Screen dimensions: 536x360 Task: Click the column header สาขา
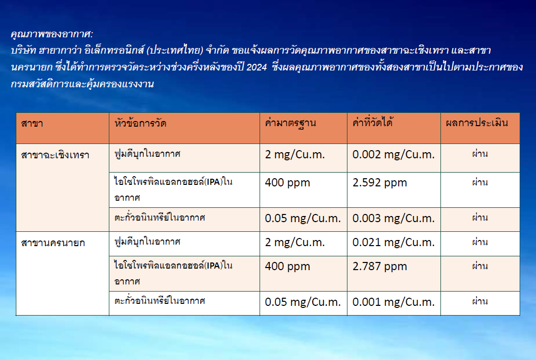[32, 123]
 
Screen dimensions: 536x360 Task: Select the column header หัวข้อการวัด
[141, 123]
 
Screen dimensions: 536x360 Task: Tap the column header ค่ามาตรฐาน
[291, 123]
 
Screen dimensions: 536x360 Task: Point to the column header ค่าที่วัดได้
[373, 122]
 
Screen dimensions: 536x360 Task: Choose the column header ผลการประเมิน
[477, 123]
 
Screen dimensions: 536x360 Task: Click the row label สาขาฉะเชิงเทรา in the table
[55, 155]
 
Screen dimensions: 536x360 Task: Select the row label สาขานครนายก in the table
[53, 243]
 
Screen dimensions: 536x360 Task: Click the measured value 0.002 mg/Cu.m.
[393, 155]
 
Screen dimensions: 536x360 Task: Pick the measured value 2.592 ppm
[380, 183]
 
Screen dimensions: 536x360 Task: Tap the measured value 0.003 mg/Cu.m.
[393, 218]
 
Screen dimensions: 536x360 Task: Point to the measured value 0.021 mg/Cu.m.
[393, 243]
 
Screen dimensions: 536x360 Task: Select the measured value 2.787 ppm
[380, 267]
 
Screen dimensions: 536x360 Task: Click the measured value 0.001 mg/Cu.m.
[393, 302]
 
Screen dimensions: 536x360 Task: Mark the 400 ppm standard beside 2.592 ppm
[288, 183]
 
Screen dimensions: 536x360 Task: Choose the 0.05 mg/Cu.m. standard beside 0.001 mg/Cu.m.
[303, 302]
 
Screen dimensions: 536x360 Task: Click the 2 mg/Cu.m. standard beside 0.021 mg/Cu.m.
[295, 243]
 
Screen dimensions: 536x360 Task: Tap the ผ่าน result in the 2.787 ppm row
[480, 266]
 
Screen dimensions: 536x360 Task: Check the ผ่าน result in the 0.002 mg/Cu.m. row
[480, 153]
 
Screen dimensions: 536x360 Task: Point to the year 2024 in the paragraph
[257, 67]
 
